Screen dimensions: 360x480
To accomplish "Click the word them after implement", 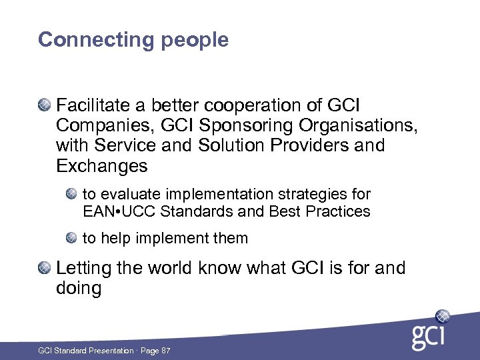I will (x=231, y=239).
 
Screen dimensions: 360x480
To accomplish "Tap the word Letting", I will (x=83, y=269).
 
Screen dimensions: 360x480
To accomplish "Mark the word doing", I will (x=79, y=289).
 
